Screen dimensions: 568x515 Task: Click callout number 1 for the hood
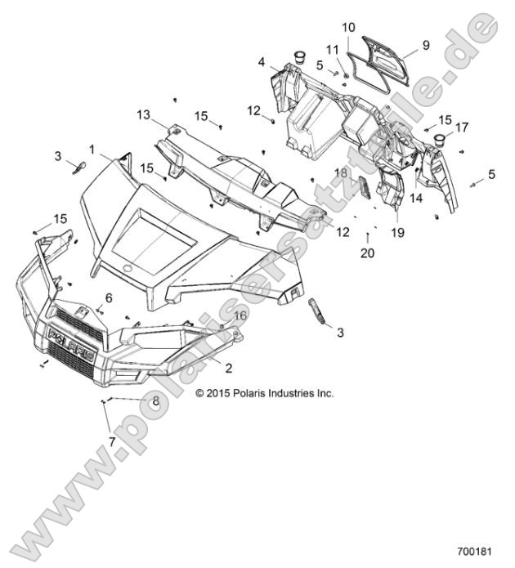(x=92, y=149)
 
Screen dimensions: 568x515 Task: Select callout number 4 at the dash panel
(x=262, y=61)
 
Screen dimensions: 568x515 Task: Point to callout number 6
(x=109, y=297)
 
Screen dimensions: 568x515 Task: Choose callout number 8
(x=155, y=400)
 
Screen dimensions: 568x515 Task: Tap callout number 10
(x=347, y=27)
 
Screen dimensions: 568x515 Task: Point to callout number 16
(x=240, y=315)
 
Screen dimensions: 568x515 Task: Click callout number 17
(x=463, y=127)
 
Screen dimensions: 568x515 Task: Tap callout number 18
(x=341, y=173)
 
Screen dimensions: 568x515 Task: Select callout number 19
(x=398, y=232)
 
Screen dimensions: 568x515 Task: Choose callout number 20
(x=367, y=253)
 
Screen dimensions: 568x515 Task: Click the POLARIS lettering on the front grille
(x=69, y=338)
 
